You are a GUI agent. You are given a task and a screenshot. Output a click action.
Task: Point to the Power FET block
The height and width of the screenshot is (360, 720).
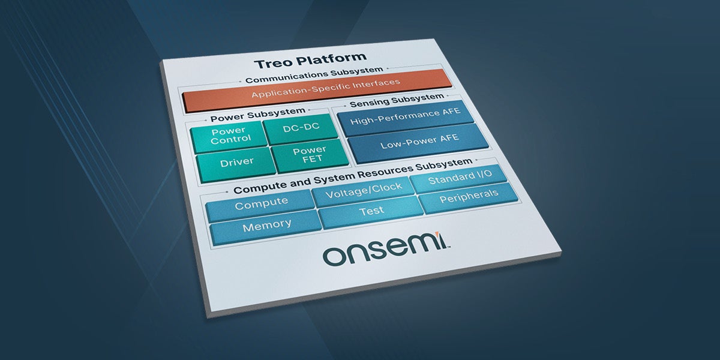click(310, 155)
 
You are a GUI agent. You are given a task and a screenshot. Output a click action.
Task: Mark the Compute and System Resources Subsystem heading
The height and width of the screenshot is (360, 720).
click(352, 174)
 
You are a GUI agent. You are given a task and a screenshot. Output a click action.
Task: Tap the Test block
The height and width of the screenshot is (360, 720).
click(371, 212)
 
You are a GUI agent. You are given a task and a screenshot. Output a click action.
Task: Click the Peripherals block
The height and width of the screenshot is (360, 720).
click(469, 197)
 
